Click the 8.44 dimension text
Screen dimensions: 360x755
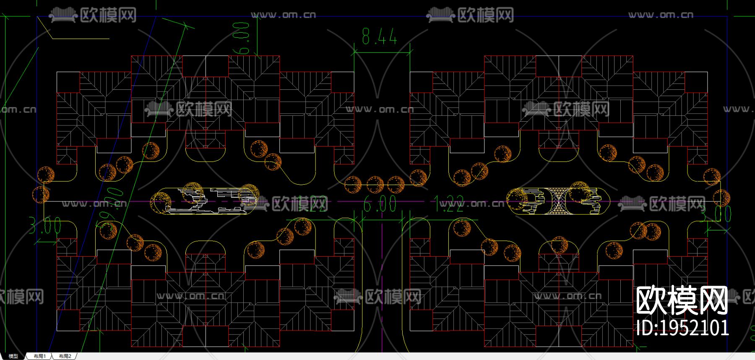(x=379, y=37)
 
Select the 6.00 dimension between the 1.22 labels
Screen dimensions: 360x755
(x=380, y=204)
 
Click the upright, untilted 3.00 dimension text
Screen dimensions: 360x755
(x=45, y=227)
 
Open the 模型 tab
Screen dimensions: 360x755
(x=13, y=356)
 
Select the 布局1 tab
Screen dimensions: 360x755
(x=40, y=356)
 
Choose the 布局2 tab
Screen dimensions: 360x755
(x=65, y=356)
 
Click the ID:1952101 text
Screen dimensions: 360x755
(x=682, y=328)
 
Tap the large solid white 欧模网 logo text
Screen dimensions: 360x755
(x=682, y=300)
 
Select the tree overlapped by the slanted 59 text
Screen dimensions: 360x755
(x=108, y=230)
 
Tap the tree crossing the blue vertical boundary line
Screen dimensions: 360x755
(x=721, y=198)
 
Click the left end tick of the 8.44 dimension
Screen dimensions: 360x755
(x=354, y=52)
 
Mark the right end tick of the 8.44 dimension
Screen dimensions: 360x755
(x=410, y=52)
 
